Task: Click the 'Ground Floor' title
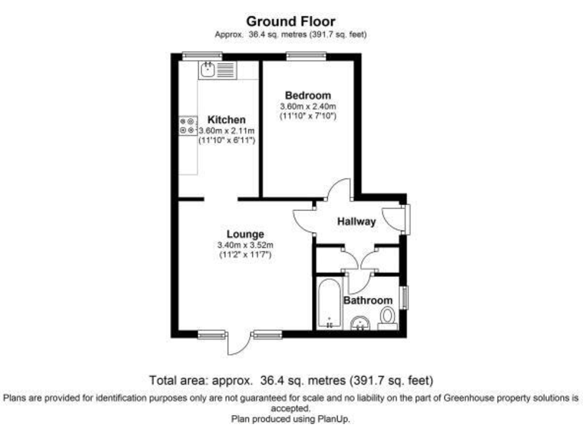click(x=291, y=21)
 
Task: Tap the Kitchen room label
click(x=226, y=120)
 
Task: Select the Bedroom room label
click(x=307, y=95)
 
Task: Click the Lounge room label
click(x=244, y=234)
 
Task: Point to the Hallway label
click(x=356, y=222)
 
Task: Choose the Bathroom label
click(x=368, y=300)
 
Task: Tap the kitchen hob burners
click(x=187, y=127)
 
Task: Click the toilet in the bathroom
click(x=387, y=316)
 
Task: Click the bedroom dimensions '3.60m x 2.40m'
click(x=307, y=106)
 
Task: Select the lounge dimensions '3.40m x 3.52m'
click(x=244, y=245)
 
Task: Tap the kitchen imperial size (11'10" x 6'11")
click(x=226, y=141)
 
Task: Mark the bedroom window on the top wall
click(x=307, y=55)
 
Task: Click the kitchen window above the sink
click(x=202, y=55)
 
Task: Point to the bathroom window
click(x=404, y=297)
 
